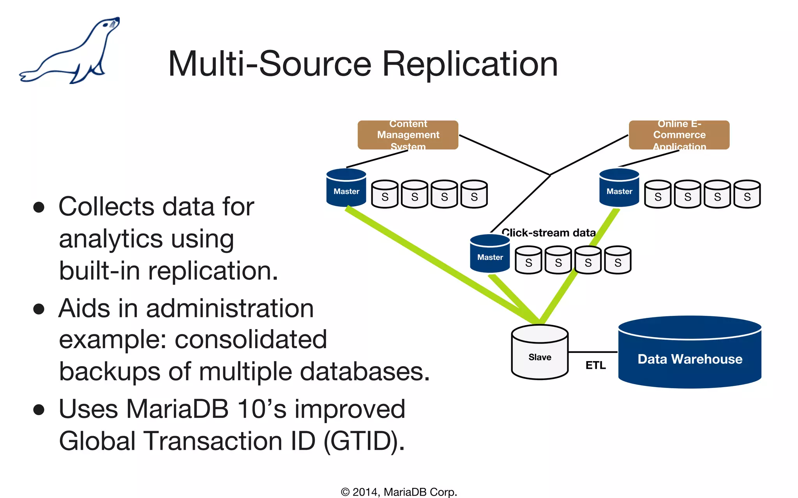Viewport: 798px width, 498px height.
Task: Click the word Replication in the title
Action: pos(470,64)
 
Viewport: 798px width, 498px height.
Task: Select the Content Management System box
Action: pos(408,135)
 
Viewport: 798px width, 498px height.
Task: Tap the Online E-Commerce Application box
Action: pos(679,135)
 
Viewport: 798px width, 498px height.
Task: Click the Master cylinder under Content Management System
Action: pos(346,188)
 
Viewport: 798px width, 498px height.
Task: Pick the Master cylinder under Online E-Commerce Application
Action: pos(619,188)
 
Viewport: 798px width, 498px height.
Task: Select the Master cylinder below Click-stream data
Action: pos(490,254)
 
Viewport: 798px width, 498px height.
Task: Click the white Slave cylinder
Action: pos(540,352)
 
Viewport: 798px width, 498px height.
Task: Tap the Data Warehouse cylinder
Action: pos(689,354)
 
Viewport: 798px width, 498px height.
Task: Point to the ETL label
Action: pos(595,365)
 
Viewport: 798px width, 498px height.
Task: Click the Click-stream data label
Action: pos(548,233)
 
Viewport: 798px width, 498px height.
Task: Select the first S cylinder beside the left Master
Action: pos(385,194)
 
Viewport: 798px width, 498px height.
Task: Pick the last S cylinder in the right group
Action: pos(747,194)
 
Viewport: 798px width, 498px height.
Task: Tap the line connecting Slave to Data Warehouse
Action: pos(592,352)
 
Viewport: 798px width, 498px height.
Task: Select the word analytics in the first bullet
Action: pos(111,238)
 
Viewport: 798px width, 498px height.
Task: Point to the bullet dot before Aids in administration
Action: pos(39,309)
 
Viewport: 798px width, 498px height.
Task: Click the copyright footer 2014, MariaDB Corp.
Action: pos(399,492)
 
